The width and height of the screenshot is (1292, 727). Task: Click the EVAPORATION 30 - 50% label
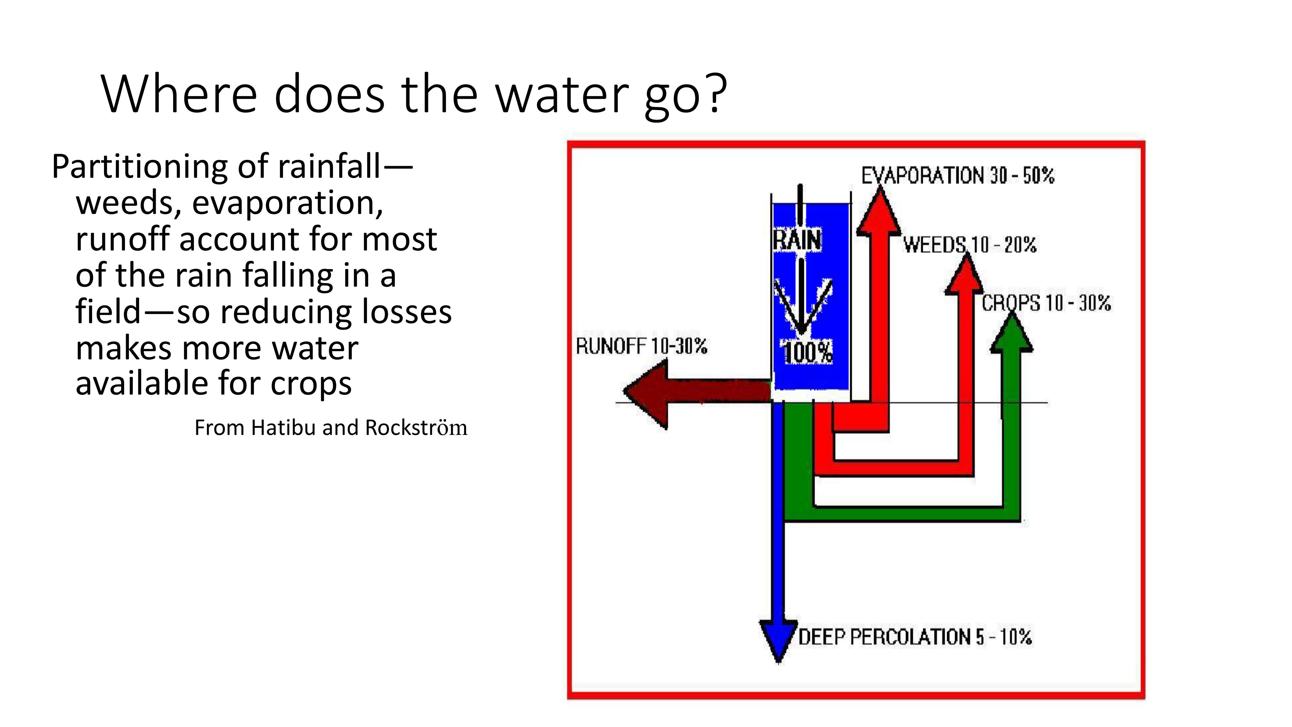957,175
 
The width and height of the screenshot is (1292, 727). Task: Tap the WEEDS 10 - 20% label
970,245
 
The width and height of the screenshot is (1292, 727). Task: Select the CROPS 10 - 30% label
1046,303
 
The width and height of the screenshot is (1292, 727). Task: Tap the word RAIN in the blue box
797,239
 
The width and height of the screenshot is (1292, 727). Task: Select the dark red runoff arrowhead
647,394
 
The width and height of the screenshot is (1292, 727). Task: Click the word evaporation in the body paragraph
287,203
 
